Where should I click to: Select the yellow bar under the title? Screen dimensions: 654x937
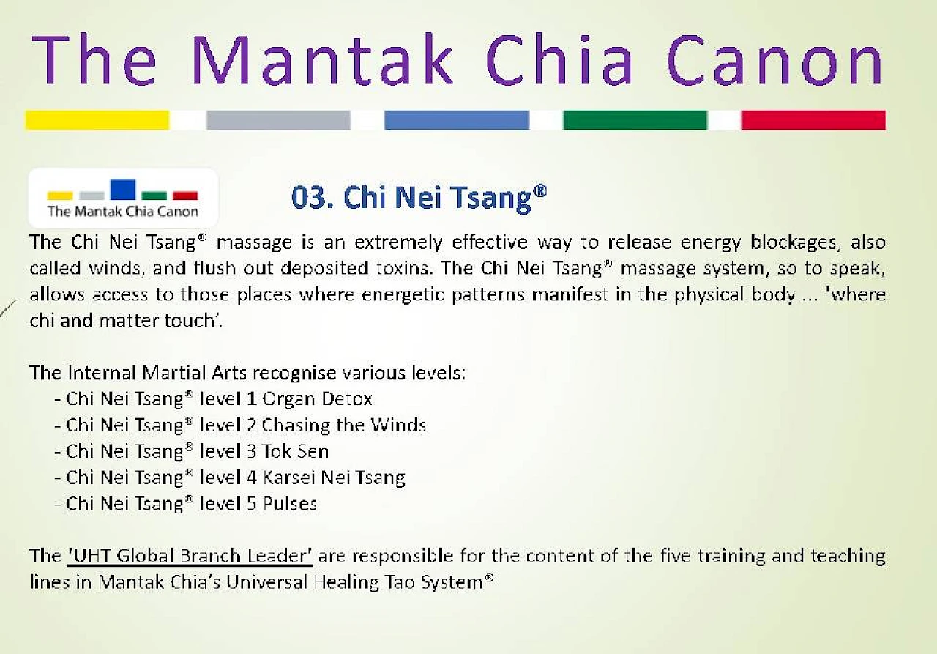(97, 120)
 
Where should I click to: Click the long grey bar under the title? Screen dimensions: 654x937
(278, 120)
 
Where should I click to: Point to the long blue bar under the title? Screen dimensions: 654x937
(456, 120)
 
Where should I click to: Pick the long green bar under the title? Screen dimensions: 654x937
(635, 120)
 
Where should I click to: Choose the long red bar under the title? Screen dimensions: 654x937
(813, 120)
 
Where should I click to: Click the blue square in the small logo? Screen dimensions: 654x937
(123, 190)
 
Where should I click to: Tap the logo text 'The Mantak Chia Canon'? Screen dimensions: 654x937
(123, 212)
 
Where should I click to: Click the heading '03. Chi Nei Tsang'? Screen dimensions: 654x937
(419, 198)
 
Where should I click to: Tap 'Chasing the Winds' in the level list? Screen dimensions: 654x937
(343, 426)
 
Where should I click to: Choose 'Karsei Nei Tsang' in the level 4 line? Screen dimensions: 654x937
(333, 478)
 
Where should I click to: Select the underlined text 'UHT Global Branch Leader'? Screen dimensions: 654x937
(190, 556)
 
